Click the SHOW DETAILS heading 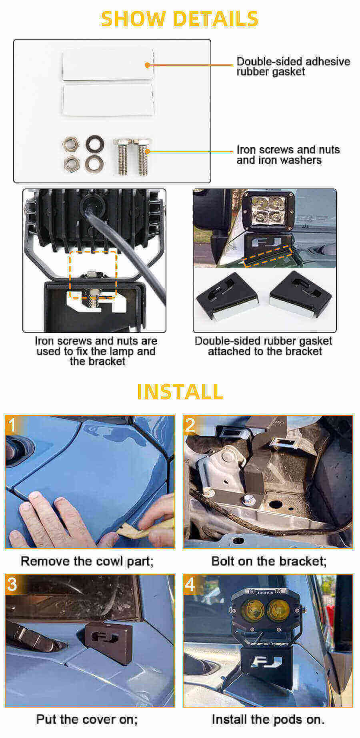[x=179, y=19]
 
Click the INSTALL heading [x=180, y=391]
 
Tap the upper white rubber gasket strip [x=107, y=65]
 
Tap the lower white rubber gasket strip [x=107, y=100]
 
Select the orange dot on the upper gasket [x=147, y=65]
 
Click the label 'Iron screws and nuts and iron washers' [x=288, y=155]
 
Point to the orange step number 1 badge [x=13, y=425]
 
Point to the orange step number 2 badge [x=190, y=425]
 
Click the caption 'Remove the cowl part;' [x=87, y=561]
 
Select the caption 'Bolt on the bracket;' [x=269, y=561]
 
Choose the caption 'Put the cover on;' [x=87, y=719]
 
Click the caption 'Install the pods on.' [x=268, y=719]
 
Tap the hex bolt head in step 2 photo [x=249, y=499]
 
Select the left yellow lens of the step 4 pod [x=250, y=610]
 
